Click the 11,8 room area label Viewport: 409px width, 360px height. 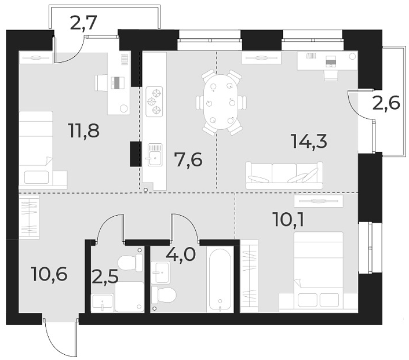84,130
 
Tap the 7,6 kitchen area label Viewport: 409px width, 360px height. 189,158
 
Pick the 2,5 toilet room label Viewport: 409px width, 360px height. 105,275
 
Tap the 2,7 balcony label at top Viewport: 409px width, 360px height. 83,23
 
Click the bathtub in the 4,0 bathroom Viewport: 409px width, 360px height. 221,280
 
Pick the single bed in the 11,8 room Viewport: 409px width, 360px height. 36,147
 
